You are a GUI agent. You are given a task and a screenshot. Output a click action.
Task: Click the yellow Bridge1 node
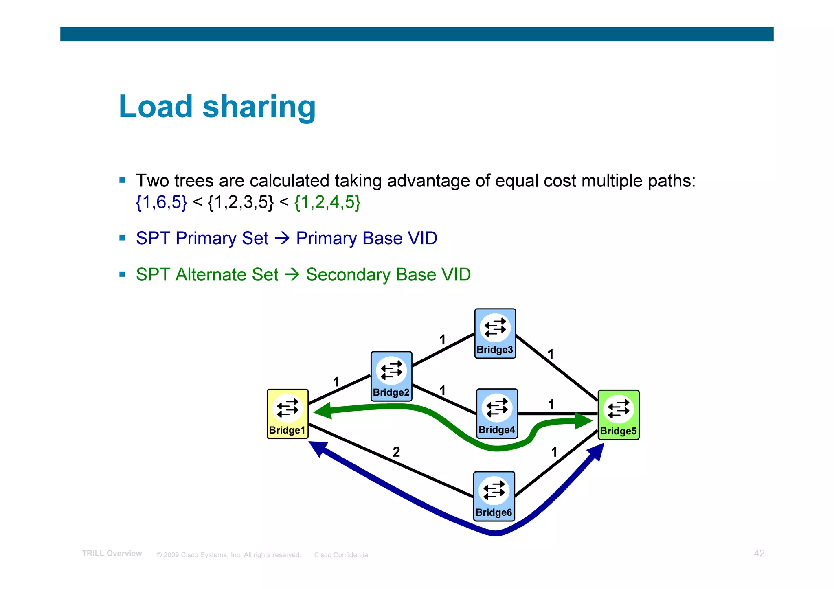pos(288,414)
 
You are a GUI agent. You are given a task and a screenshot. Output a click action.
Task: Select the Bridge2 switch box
pos(391,376)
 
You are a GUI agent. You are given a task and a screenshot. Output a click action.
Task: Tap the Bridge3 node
pos(495,333)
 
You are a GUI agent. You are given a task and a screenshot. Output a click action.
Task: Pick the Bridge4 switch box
pos(497,413)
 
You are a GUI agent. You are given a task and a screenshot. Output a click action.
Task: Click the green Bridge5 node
pos(618,414)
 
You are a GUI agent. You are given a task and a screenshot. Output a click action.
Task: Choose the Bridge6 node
pos(494,496)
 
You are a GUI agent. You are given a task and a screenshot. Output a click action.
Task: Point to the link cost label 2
pos(396,452)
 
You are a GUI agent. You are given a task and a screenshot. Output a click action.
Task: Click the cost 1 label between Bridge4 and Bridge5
pos(551,404)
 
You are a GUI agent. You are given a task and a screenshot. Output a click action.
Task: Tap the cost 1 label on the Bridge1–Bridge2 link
pos(336,382)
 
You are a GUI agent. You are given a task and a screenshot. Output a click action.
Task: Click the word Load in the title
pos(156,107)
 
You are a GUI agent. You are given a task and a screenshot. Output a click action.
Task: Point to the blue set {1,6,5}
pos(161,202)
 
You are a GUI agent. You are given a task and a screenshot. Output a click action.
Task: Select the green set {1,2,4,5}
pos(327,202)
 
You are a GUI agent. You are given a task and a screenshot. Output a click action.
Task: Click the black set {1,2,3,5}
pos(240,202)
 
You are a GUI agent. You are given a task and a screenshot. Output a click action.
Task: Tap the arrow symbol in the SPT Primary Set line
pos(282,238)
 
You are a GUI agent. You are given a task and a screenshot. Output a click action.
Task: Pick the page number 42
pos(759,553)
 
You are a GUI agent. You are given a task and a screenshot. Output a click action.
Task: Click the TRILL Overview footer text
pos(112,554)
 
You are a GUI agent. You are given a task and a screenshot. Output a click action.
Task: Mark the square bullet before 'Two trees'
pos(122,180)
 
